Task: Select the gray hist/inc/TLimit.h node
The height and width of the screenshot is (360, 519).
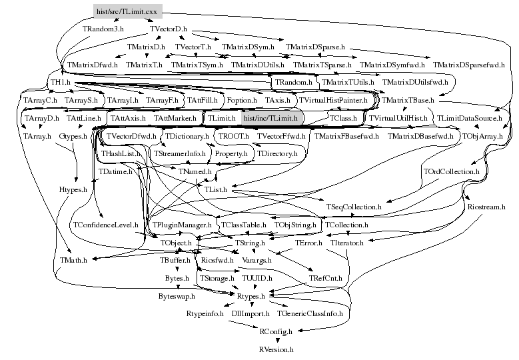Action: point(270,118)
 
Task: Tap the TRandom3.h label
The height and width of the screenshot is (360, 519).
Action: point(103,30)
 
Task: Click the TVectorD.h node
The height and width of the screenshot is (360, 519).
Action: point(169,30)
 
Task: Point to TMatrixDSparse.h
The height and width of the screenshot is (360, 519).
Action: point(315,47)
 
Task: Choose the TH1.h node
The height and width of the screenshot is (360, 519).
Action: point(61,83)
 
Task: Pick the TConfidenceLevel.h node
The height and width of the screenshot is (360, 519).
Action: point(105,225)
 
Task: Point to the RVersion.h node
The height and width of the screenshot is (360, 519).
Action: point(276,348)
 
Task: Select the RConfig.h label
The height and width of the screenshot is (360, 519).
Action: point(276,331)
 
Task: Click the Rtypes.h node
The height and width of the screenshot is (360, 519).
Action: point(251,295)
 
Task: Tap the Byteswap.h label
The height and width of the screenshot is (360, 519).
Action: point(177,295)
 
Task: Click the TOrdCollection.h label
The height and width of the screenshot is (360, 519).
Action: point(451,171)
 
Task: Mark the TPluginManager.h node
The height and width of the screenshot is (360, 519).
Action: point(181,225)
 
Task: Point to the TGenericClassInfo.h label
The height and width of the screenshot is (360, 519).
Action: point(310,313)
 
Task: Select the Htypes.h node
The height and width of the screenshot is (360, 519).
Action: point(73,189)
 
